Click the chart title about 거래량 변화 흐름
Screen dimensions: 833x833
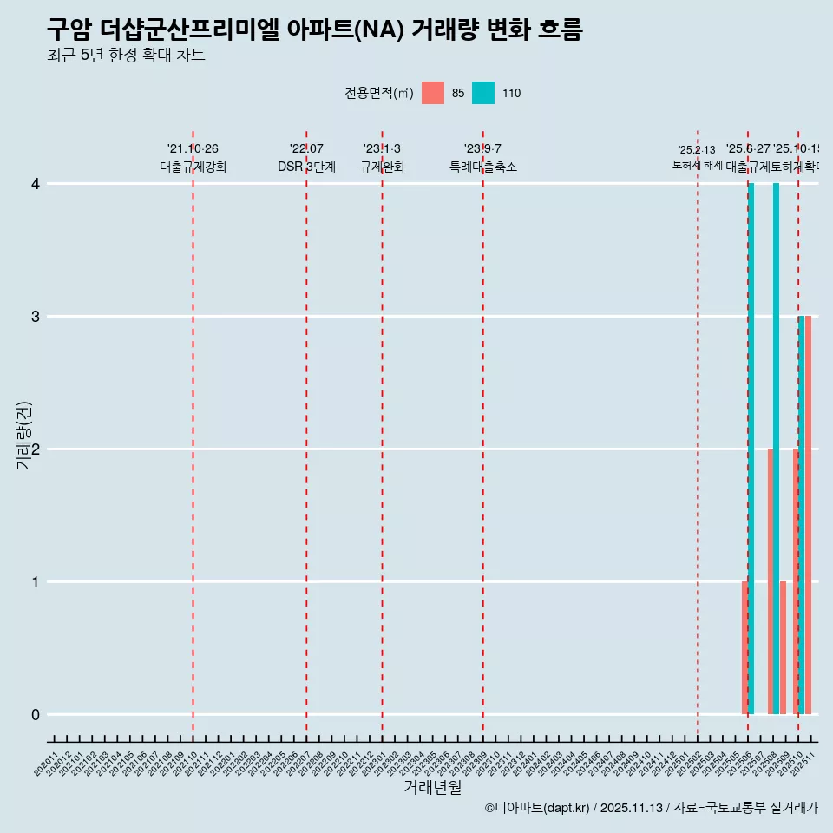coord(314,30)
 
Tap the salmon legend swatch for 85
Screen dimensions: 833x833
coord(433,93)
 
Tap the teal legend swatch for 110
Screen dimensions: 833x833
coord(483,93)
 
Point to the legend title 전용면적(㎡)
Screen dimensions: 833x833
coord(378,93)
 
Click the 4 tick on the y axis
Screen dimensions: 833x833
coord(35,184)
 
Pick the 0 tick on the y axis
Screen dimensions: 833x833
coord(35,715)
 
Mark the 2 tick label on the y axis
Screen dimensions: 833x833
coord(35,449)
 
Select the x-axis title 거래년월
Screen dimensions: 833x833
coord(432,788)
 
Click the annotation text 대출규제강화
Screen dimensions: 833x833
coord(193,167)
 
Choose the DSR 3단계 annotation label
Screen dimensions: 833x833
coord(306,167)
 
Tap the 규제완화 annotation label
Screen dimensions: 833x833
coord(383,167)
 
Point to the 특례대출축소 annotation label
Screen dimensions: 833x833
coord(483,167)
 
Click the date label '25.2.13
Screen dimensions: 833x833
coord(697,150)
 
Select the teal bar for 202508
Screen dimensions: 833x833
coord(777,449)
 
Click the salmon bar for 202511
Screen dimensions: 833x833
coord(808,515)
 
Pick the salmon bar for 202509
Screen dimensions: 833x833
coord(783,648)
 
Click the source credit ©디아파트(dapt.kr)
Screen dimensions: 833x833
coord(538,808)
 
